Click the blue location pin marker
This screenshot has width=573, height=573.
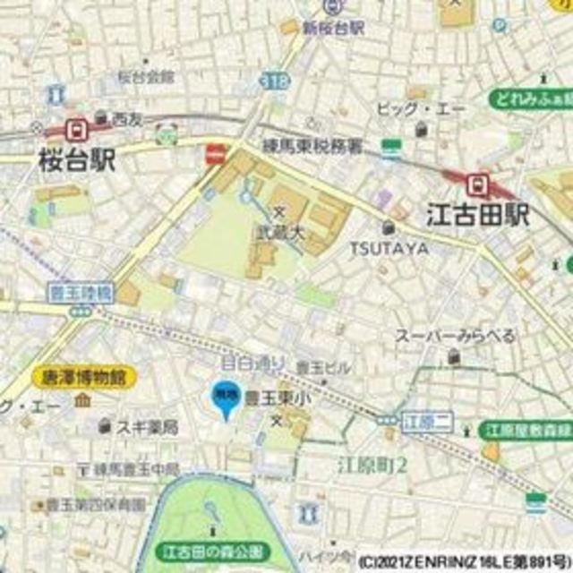224,399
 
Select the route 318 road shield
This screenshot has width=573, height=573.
278,81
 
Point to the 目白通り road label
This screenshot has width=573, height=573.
253,363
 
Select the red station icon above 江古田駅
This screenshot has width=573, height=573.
479,184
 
